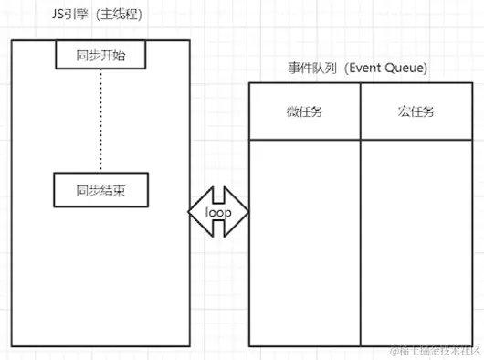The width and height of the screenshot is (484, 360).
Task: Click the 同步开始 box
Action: pyautogui.click(x=100, y=56)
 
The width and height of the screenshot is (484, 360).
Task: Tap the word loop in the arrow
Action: pyautogui.click(x=219, y=212)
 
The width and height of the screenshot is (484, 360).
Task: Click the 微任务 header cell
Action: pyautogui.click(x=304, y=112)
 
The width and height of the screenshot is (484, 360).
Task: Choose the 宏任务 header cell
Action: pyautogui.click(x=416, y=112)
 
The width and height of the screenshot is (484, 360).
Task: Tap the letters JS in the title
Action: pyautogui.click(x=58, y=16)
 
